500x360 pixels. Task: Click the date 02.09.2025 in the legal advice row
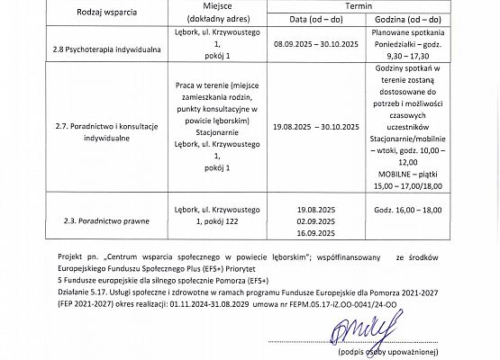315,219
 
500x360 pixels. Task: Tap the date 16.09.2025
315,231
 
